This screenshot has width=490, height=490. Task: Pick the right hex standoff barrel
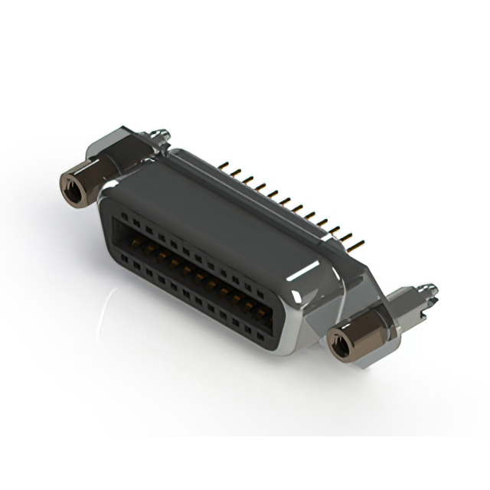(353, 338)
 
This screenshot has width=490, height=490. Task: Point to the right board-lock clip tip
(430, 291)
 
